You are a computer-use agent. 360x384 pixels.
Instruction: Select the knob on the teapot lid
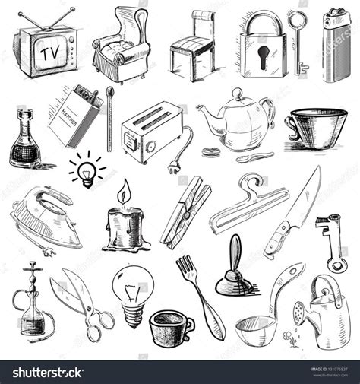[x=237, y=94]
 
